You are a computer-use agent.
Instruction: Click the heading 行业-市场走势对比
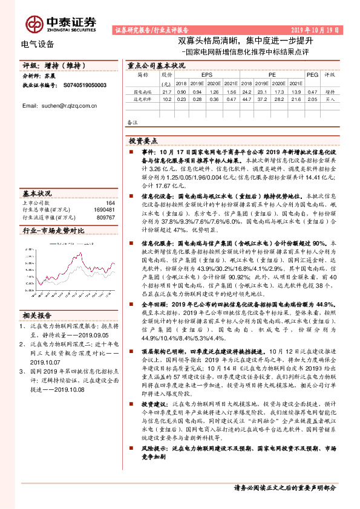54,230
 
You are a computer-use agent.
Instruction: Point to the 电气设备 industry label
38,44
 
